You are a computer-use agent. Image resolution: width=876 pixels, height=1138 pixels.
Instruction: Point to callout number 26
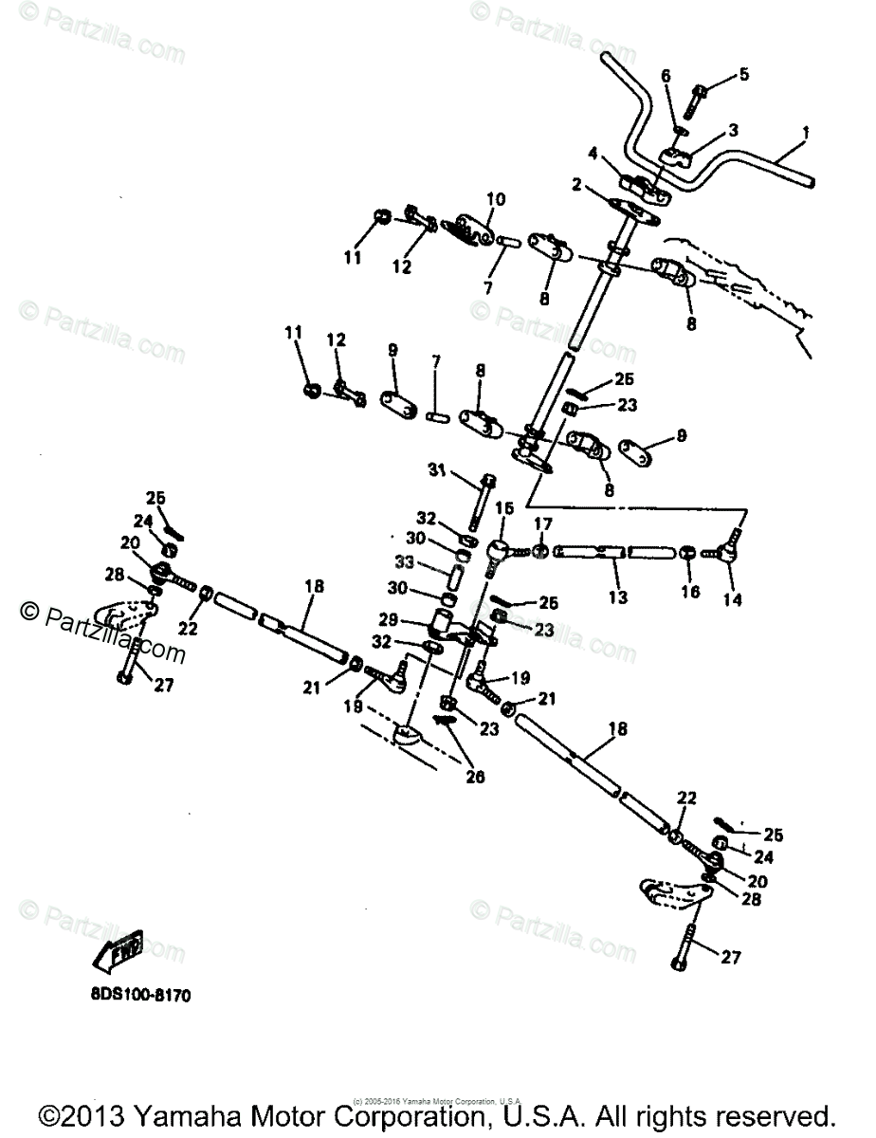pos(473,776)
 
